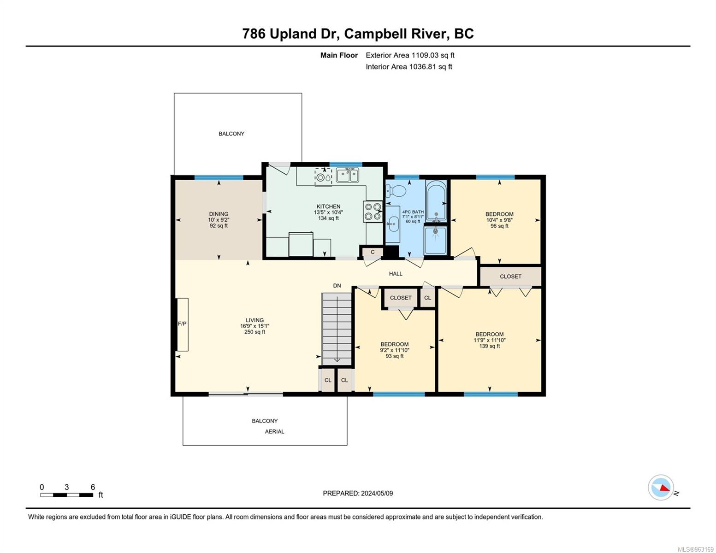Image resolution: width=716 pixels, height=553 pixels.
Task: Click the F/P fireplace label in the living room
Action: tap(182, 324)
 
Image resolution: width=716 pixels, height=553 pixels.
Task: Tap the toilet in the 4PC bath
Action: tap(396, 190)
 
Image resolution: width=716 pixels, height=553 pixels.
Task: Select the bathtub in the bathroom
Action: tap(436, 200)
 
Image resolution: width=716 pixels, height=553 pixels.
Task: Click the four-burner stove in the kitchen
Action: tap(373, 211)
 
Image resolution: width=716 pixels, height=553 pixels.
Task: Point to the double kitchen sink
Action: tap(347, 175)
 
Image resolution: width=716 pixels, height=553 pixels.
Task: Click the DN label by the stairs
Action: tap(337, 286)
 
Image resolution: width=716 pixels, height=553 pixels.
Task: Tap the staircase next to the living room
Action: tap(337, 329)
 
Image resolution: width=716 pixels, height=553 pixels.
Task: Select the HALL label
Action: tap(396, 273)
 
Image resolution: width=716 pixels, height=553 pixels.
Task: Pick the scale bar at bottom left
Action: tap(66, 494)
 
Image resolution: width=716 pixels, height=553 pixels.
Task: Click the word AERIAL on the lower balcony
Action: tap(274, 431)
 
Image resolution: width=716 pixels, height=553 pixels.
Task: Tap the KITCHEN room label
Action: tap(328, 206)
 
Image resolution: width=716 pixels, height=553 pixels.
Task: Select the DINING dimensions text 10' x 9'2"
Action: tap(219, 220)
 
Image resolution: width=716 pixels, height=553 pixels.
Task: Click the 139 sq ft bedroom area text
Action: tap(489, 346)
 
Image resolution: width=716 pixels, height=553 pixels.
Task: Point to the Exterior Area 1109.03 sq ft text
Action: tap(410, 55)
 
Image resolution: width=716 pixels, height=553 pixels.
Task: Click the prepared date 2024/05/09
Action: tap(377, 493)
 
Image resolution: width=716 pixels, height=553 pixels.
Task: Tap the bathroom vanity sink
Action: tap(392, 224)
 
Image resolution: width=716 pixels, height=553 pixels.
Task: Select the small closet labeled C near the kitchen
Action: tap(373, 252)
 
